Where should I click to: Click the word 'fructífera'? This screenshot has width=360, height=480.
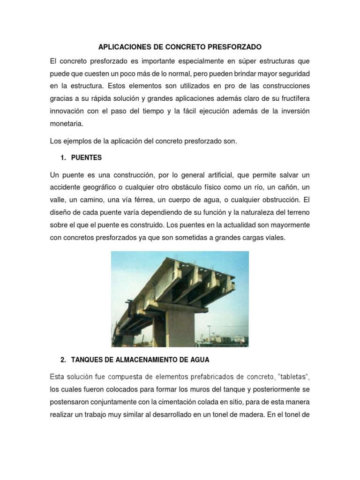[x=292, y=98]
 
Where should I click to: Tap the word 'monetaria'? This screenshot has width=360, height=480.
[x=66, y=124]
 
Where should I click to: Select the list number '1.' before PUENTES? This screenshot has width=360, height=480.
[x=64, y=158]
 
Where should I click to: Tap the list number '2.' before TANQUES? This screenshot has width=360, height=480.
[x=64, y=360]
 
